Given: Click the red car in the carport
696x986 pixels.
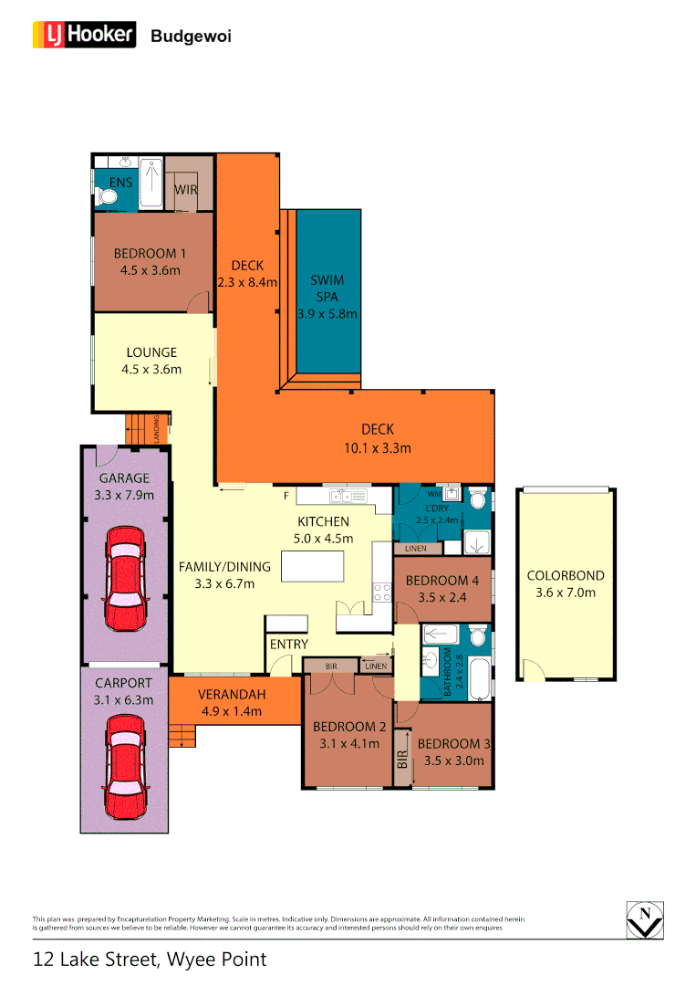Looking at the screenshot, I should pyautogui.click(x=125, y=767).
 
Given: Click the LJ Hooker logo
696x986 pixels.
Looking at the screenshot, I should pyautogui.click(x=85, y=36).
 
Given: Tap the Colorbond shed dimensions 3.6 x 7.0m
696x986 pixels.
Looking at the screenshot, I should pyautogui.click(x=565, y=592).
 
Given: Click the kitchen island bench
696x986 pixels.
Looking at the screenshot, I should pyautogui.click(x=313, y=567).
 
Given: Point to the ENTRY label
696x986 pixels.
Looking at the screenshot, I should pyautogui.click(x=289, y=644).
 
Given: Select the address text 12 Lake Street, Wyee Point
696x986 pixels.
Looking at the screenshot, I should pyautogui.click(x=150, y=960).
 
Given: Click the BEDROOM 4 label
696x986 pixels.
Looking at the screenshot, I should pyautogui.click(x=441, y=581).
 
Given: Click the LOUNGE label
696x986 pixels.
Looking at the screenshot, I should pyautogui.click(x=151, y=352).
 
